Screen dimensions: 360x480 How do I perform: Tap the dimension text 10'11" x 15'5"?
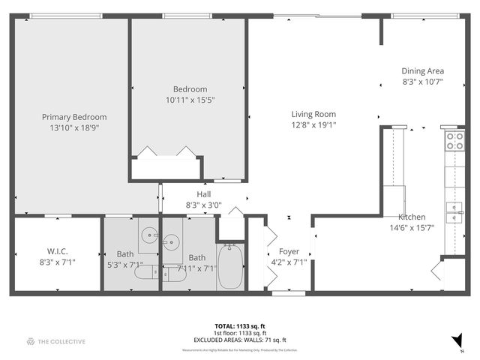pos(190,100)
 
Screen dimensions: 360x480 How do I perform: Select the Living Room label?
pos(313,115)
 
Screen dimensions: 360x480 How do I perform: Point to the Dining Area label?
pos(423,70)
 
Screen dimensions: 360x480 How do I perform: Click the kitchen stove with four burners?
pos(454,140)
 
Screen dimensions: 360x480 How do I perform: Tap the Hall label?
pos(203,194)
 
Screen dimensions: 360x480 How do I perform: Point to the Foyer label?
pos(289,252)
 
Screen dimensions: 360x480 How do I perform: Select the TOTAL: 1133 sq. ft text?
pos(239,326)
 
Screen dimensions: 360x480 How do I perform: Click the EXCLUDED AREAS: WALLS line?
pos(239,340)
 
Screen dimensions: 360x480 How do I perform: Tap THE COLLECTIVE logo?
pos(56,342)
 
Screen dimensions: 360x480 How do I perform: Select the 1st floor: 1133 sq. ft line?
pos(239,333)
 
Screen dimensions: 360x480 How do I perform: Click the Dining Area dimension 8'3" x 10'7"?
pos(423,81)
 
